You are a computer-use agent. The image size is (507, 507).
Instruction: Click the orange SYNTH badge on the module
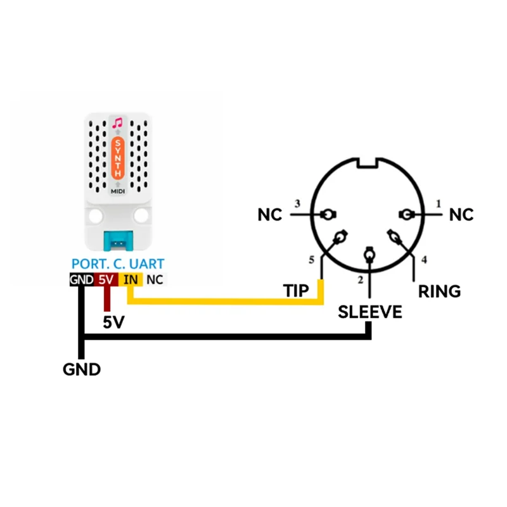click(x=118, y=158)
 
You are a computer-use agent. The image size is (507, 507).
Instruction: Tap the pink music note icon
click(x=117, y=123)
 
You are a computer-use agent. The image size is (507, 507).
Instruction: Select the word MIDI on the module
click(x=118, y=191)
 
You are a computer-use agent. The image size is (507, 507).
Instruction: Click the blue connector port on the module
click(x=118, y=241)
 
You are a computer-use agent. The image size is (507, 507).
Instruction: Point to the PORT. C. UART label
click(x=118, y=264)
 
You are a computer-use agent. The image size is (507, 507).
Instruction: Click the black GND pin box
click(x=82, y=279)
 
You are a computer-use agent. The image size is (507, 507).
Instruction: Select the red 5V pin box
click(x=106, y=279)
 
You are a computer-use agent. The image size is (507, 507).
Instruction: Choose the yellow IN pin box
click(x=131, y=279)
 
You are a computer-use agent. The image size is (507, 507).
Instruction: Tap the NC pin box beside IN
click(x=155, y=279)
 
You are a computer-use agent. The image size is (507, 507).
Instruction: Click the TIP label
click(x=296, y=291)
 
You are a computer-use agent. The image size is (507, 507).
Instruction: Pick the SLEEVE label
click(x=370, y=312)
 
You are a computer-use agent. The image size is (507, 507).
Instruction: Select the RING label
click(x=439, y=292)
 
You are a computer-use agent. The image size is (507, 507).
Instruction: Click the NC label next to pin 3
click(x=270, y=215)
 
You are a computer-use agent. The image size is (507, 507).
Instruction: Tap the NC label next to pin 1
click(x=461, y=215)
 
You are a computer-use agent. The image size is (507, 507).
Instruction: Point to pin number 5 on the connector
click(x=311, y=260)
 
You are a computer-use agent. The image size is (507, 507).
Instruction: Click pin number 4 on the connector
click(x=424, y=259)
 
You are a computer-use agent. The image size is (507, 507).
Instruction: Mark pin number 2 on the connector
click(x=361, y=280)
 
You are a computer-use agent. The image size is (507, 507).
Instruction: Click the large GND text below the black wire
click(x=82, y=369)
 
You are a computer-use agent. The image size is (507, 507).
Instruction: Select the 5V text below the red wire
click(x=113, y=322)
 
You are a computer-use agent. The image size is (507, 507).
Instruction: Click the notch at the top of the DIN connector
click(x=368, y=164)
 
